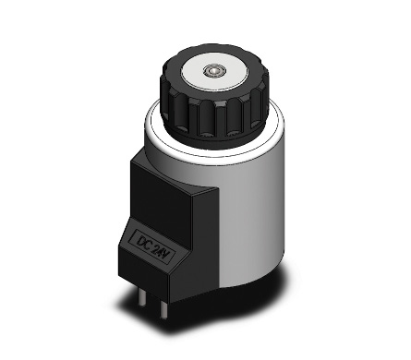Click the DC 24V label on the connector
[153, 246]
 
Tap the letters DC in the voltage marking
[144, 242]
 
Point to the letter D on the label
[140, 240]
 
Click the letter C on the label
[149, 244]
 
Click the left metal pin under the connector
[141, 296]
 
